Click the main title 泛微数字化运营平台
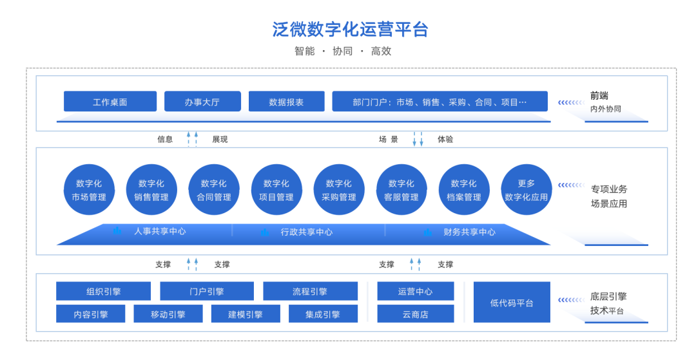[350, 29]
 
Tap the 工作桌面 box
[110, 102]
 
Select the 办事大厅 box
[202, 102]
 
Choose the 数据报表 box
[286, 102]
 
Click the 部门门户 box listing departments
[440, 102]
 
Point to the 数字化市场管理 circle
[89, 190]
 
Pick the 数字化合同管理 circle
[214, 190]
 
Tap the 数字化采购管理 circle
[339, 190]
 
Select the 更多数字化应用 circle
[527, 190]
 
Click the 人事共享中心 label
[160, 231]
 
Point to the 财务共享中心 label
[469, 232]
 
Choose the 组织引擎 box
[103, 291]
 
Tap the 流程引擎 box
[310, 291]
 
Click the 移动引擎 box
[168, 314]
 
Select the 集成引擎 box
[323, 314]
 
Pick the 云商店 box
[416, 314]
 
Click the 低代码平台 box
[512, 303]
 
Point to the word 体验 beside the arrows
[445, 139]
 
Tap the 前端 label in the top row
[599, 96]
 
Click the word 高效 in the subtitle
[382, 51]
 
